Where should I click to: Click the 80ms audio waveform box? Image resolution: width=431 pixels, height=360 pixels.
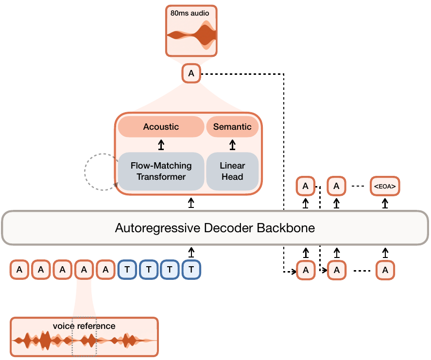(x=191, y=31)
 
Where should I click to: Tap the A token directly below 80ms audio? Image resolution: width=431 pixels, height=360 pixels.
(x=191, y=74)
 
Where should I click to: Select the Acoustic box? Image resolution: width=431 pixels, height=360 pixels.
(x=161, y=127)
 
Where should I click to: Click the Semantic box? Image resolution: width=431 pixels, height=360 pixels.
(x=232, y=127)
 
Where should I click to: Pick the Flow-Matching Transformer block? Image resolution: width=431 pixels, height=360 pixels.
(x=161, y=171)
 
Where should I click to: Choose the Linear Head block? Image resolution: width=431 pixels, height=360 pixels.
(x=232, y=171)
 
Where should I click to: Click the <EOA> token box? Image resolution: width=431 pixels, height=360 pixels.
(x=385, y=186)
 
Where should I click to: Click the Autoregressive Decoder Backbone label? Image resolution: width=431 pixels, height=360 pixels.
(x=215, y=228)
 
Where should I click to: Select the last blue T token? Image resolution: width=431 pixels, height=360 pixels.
(x=191, y=270)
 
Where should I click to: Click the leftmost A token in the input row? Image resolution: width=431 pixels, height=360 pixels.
(x=19, y=270)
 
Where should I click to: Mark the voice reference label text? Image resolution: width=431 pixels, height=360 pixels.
(x=85, y=326)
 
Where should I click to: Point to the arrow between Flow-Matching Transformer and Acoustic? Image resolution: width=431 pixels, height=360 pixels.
(x=161, y=145)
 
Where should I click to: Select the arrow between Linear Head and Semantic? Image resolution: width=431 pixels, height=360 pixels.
(x=232, y=145)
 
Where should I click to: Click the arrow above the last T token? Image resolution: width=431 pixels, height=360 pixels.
(x=191, y=252)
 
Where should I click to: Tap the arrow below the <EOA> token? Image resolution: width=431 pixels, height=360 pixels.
(x=385, y=203)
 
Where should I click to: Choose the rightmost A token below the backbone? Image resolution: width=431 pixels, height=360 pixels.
(x=385, y=270)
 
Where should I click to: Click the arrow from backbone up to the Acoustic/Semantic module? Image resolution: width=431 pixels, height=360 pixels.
(x=191, y=202)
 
